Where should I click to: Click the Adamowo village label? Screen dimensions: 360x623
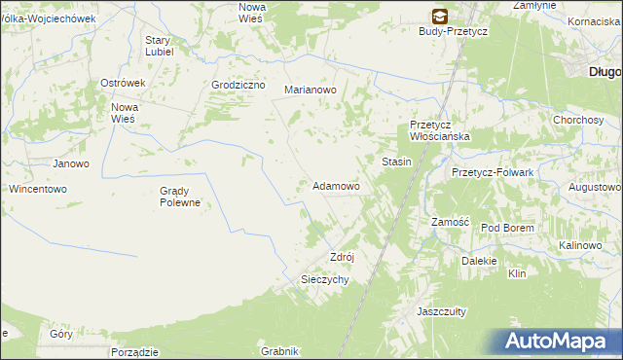click(x=336, y=185)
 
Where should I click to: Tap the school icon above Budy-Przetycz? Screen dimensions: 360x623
click(x=440, y=16)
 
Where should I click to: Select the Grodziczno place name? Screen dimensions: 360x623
click(x=238, y=85)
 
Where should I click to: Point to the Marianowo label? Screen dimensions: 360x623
click(x=310, y=90)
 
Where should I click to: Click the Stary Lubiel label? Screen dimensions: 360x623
click(x=159, y=46)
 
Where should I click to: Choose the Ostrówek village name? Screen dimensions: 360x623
click(x=123, y=84)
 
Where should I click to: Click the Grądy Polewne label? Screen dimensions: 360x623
click(x=180, y=197)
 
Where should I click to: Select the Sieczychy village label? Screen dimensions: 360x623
click(x=322, y=278)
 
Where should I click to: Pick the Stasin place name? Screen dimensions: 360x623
click(x=396, y=162)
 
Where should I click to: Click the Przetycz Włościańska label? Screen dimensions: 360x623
click(x=440, y=130)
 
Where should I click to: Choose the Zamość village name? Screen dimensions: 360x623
click(x=451, y=222)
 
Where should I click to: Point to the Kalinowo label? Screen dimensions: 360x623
click(x=580, y=246)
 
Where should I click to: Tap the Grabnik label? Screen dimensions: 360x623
click(x=278, y=351)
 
